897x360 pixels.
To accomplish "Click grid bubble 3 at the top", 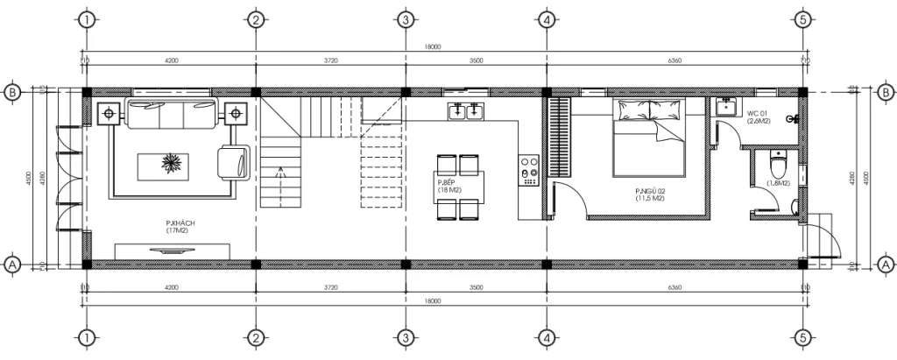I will coord(405,19).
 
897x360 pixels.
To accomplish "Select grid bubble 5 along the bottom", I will coord(803,338).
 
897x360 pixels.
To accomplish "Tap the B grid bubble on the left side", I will coord(12,92).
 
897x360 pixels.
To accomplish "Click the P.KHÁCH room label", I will coord(180,227).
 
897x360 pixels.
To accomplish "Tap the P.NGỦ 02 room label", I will coord(651,194).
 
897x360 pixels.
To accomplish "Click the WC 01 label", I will coord(757,115).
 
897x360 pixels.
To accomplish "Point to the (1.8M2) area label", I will coord(778,183).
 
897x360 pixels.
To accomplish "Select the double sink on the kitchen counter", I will coord(465,111).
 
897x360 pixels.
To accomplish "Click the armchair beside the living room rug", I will coord(234,162).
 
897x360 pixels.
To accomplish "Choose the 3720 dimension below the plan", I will coord(330,287).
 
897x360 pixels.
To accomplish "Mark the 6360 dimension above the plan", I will coord(675,60).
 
